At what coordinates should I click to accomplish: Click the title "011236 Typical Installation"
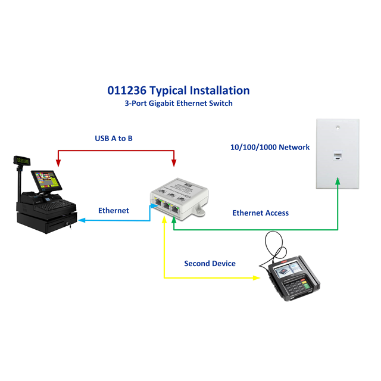178,90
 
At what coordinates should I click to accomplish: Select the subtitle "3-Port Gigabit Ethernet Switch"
178,103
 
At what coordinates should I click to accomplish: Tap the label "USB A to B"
114,138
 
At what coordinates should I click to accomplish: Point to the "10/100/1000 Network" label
270,147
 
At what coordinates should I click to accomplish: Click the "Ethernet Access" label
260,213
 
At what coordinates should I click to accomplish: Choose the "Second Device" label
210,263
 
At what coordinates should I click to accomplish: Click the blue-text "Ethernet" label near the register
113,210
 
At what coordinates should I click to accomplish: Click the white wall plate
338,155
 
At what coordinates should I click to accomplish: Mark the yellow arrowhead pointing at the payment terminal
256,278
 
